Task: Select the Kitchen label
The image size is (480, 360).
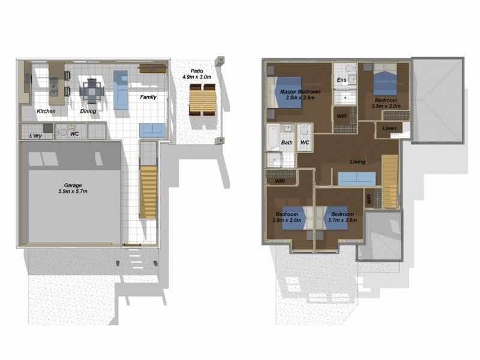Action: tap(46, 112)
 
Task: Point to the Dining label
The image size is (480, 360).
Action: tap(89, 112)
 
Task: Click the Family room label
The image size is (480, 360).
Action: tap(148, 97)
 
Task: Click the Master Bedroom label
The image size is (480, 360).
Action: tap(300, 91)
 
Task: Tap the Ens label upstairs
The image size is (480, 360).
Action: tap(341, 80)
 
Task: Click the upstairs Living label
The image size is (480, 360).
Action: tap(359, 161)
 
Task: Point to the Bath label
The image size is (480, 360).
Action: tap(286, 143)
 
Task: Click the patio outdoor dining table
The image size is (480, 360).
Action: tap(202, 99)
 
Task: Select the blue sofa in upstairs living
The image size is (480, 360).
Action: tap(356, 179)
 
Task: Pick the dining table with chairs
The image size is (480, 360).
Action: tap(92, 91)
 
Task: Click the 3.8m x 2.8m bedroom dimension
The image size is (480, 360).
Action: tap(287, 221)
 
